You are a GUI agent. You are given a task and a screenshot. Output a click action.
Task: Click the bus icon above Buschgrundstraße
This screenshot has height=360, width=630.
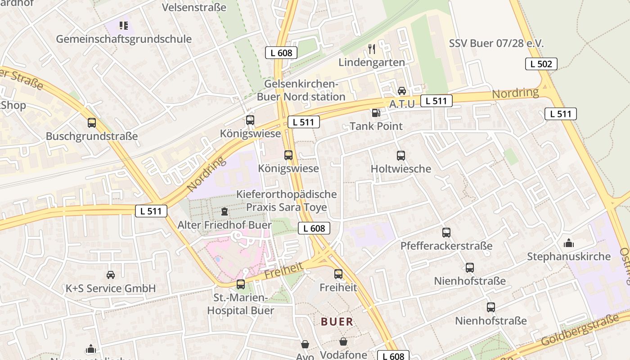coord(92,122)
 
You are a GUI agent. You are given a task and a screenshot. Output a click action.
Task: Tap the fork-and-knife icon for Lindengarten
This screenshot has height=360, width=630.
coord(372,49)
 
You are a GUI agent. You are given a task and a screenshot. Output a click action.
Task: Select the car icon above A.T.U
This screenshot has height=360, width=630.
coord(402,90)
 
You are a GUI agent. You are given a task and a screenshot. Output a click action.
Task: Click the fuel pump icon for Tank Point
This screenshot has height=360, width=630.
coord(375,112)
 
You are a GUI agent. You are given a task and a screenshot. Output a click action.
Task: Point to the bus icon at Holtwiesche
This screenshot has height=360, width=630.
coord(401,156)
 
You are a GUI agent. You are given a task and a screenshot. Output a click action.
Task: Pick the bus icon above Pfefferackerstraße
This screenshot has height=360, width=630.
coord(446,233)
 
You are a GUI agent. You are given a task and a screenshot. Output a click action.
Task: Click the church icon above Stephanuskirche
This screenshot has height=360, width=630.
coord(569,243)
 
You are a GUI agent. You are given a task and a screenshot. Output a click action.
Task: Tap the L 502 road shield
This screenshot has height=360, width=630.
coord(541,64)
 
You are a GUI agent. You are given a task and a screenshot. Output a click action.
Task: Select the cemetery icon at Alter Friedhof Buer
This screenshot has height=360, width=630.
coord(225,211)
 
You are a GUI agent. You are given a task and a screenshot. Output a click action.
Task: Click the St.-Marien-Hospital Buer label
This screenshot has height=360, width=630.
coord(240,304)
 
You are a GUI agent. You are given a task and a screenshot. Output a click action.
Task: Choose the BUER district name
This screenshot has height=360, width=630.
coord(337,322)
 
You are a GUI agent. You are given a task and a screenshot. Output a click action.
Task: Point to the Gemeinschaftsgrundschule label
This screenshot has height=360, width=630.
coord(124,39)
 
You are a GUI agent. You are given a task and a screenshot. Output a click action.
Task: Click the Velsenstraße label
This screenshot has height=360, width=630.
coord(194,7)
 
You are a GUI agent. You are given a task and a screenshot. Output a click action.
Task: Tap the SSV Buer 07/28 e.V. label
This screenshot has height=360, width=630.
coord(496,44)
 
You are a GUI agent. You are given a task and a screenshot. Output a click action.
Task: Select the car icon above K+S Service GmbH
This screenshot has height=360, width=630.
coord(111,275)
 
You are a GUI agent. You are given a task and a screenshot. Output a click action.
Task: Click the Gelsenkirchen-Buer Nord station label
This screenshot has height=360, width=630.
coord(301,90)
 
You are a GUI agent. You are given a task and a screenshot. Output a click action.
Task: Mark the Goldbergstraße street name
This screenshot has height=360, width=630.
coord(580,330)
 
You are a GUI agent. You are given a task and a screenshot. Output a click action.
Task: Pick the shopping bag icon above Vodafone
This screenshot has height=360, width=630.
coord(343,342)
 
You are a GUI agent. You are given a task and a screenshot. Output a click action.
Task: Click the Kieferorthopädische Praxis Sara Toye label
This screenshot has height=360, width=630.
coord(287,201)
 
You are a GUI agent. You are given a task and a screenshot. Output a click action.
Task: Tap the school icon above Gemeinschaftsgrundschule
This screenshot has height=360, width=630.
coord(123,26)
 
